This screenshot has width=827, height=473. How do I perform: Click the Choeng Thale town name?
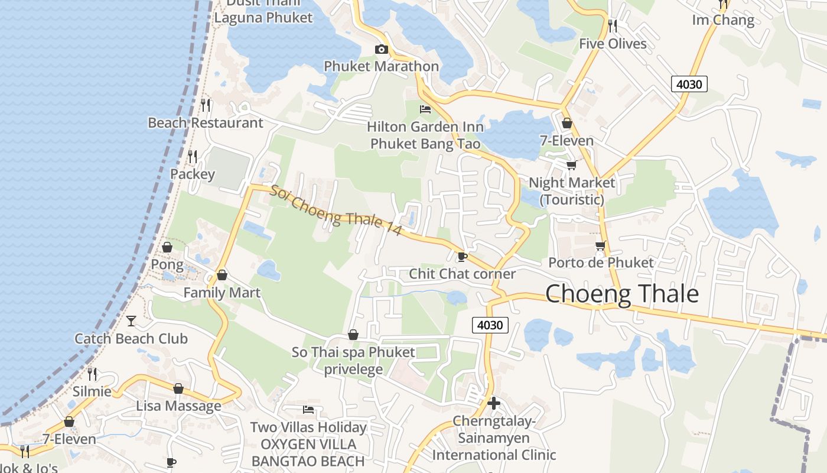(621, 294)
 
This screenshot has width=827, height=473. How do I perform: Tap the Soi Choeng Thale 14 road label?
(336, 211)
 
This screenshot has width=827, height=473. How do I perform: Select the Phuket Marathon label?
(381, 66)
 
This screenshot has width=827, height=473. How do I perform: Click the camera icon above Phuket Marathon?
(382, 49)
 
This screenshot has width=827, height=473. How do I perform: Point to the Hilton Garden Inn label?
(425, 135)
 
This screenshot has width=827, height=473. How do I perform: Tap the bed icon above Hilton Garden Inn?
(425, 109)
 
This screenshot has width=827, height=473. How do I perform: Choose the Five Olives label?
(613, 44)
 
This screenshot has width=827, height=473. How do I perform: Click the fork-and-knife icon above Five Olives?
(613, 25)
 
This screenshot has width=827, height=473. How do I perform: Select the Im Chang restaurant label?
(723, 20)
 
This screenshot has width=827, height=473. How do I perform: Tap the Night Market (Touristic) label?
(572, 191)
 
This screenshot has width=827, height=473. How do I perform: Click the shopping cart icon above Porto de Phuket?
(601, 245)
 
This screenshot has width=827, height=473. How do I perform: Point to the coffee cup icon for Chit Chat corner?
(462, 257)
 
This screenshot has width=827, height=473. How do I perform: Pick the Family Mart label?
(222, 293)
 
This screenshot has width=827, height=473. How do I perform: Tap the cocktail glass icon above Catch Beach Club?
(131, 321)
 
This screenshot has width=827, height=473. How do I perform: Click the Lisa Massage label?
(178, 406)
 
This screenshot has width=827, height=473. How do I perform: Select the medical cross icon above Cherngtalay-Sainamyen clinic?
(494, 403)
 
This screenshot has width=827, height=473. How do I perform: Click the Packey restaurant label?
(193, 174)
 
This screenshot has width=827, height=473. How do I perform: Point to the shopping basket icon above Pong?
(167, 247)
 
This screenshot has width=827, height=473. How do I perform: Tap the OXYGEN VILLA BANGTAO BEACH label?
(308, 452)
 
